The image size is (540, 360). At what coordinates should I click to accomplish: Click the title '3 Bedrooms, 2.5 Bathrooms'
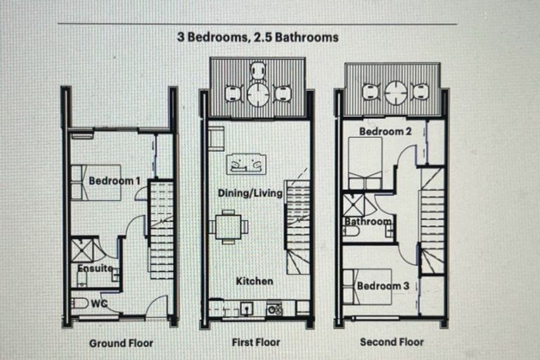pyautogui.click(x=257, y=37)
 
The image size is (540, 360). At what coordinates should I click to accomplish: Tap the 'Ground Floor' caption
pyautogui.click(x=121, y=343)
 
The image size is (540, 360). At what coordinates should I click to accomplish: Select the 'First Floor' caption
pyautogui.click(x=256, y=342)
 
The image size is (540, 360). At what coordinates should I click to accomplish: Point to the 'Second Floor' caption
pyautogui.click(x=392, y=342)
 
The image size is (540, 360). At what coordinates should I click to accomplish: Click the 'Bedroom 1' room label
pyautogui.click(x=115, y=181)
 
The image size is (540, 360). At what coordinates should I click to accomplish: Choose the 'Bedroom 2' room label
pyautogui.click(x=381, y=131)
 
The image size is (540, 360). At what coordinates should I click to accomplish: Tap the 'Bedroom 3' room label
pyautogui.click(x=382, y=285)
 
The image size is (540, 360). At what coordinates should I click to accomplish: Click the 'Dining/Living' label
pyautogui.click(x=250, y=193)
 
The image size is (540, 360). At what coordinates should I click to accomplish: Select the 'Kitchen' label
pyautogui.click(x=254, y=281)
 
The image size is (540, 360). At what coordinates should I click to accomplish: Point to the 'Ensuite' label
pyautogui.click(x=94, y=268)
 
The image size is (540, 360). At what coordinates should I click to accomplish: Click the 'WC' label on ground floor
pyautogui.click(x=98, y=304)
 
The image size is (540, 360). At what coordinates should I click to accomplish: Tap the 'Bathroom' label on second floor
pyautogui.click(x=367, y=221)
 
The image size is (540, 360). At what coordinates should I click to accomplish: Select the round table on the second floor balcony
pyautogui.click(x=396, y=91)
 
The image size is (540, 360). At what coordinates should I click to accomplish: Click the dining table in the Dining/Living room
pyautogui.click(x=229, y=226)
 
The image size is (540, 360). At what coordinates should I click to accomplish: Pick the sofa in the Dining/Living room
pyautogui.click(x=246, y=164)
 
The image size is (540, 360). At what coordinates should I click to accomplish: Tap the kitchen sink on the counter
pyautogui.click(x=247, y=308)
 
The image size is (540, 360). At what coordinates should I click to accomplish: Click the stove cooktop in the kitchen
pyautogui.click(x=274, y=308)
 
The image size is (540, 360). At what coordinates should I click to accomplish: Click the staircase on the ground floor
pyautogui.click(x=161, y=229)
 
